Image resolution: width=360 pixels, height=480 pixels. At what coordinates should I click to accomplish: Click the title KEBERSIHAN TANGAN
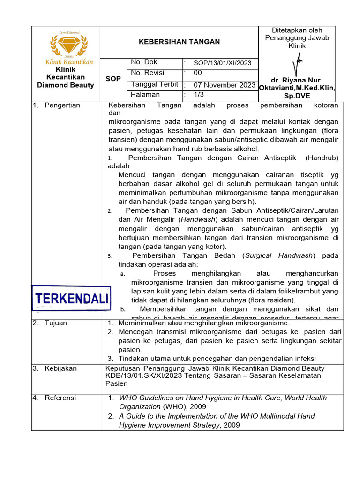(179, 42)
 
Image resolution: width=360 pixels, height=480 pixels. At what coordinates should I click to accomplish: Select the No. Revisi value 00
(198, 73)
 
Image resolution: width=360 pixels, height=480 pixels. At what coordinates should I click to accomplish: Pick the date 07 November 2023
(225, 85)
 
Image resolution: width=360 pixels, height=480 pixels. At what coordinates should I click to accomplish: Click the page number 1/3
(199, 95)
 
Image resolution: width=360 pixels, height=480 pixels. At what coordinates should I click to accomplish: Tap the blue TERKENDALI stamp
(72, 298)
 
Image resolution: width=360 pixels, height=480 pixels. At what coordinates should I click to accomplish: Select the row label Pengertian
(62, 105)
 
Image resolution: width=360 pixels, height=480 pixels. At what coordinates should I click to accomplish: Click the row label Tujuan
(56, 323)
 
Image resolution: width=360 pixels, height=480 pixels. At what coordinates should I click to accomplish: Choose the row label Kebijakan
(60, 368)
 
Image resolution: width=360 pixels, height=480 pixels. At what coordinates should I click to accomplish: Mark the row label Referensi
(60, 398)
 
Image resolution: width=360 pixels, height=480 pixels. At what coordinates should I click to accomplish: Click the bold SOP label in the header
(113, 79)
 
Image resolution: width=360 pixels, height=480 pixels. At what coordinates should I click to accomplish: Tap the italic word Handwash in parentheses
(198, 219)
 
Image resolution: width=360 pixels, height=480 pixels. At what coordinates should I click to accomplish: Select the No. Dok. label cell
(145, 62)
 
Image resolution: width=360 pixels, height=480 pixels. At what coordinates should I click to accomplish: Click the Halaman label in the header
(145, 95)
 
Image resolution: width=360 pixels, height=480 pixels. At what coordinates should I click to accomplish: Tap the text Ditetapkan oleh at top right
(297, 30)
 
